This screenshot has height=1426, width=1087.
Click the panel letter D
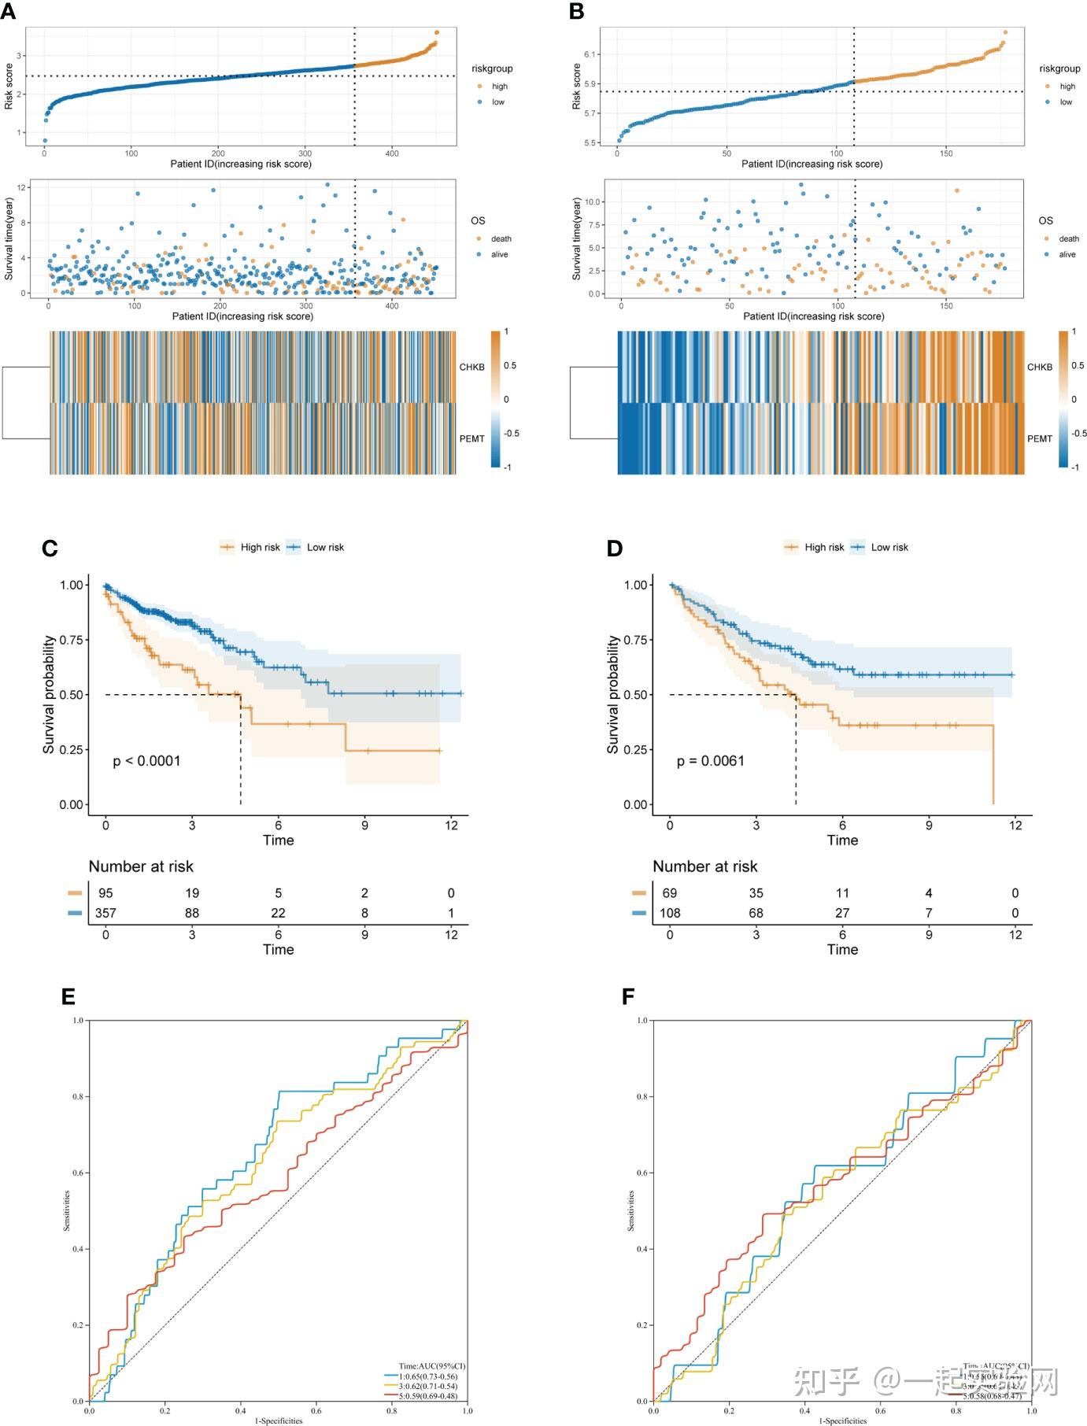(615, 549)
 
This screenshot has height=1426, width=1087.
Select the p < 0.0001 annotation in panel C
(146, 761)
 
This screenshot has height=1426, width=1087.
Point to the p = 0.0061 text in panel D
(710, 761)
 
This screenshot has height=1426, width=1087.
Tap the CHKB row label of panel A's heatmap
(472, 368)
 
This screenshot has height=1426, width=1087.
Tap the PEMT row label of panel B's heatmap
(1039, 439)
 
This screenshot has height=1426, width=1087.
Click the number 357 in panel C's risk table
(105, 913)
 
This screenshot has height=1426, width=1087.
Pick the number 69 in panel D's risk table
(670, 893)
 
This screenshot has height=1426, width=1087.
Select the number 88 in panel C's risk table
(192, 913)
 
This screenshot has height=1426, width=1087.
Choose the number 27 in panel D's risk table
(842, 913)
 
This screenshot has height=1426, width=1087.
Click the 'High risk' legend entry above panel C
(260, 547)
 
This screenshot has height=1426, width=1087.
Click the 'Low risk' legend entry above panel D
(889, 547)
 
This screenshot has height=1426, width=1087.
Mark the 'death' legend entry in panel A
(501, 238)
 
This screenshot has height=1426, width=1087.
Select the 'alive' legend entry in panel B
(1067, 254)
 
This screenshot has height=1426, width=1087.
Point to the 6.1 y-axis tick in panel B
(590, 54)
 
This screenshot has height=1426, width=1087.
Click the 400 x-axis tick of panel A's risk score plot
(392, 153)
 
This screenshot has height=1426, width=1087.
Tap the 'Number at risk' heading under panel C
(141, 866)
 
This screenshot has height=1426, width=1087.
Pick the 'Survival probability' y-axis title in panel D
(612, 694)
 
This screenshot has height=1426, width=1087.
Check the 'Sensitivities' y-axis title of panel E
(67, 1210)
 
